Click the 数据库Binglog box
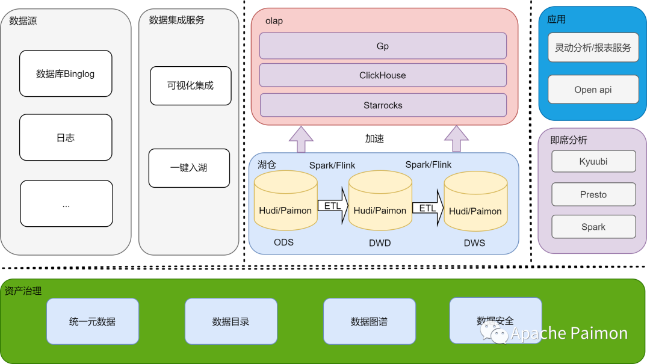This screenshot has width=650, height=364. (66, 73)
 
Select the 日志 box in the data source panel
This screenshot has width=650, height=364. (66, 137)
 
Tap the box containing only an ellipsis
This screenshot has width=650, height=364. (66, 203)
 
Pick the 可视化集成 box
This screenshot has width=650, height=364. (191, 85)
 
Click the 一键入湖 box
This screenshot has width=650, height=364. (189, 168)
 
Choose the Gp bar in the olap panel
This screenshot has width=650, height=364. (383, 46)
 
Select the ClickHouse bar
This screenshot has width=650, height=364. (383, 75)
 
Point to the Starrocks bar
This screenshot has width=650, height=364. (383, 105)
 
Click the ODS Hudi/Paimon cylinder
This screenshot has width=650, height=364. (286, 201)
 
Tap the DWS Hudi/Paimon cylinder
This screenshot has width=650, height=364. (475, 201)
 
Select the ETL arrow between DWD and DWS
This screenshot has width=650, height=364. (429, 208)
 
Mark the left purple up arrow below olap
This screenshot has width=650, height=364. (301, 140)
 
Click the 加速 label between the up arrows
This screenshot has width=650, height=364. (374, 138)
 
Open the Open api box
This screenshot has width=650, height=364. (593, 89)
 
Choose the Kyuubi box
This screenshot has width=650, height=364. (593, 161)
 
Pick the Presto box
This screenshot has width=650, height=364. (593, 194)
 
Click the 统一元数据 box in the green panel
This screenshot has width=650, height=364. (93, 321)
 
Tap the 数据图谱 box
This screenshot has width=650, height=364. (370, 321)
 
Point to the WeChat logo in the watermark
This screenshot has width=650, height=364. (494, 333)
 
